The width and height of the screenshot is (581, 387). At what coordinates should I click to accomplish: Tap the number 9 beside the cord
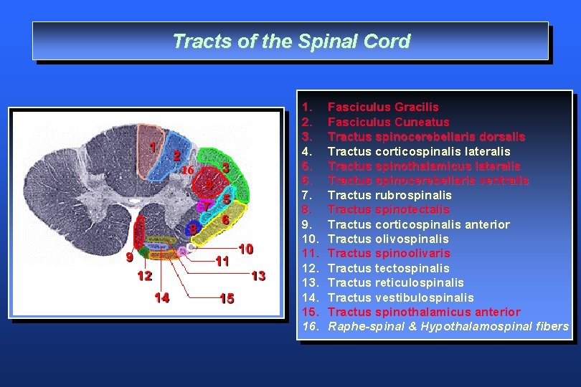point(128,257)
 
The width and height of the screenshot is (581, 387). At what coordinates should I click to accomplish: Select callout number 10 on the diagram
point(246,249)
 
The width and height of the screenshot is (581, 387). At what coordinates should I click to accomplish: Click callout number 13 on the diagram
point(259,275)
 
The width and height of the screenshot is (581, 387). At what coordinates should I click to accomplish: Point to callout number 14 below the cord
point(162,297)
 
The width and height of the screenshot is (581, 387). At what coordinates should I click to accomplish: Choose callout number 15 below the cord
point(227,299)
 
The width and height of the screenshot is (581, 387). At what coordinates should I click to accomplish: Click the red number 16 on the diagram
point(186,171)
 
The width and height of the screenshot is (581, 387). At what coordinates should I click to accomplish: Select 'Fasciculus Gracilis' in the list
point(382,107)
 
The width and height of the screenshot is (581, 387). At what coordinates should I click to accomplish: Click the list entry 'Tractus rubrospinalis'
point(389,195)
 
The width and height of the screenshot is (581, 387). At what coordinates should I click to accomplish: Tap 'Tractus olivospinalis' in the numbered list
point(387,239)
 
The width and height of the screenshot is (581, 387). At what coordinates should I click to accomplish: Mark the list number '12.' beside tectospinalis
point(311,268)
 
